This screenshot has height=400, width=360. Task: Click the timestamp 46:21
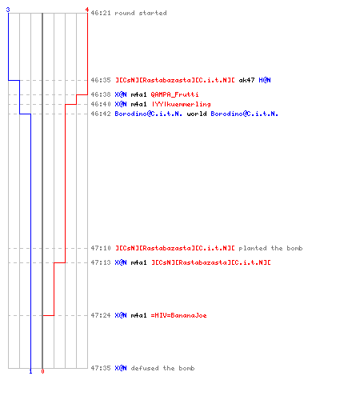coord(101,13)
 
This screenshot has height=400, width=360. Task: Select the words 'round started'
coord(141,13)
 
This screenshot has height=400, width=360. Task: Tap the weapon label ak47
coord(246,80)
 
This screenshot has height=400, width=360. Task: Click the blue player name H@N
coord(265,80)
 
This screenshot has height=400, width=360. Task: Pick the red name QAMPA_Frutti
coord(174,94)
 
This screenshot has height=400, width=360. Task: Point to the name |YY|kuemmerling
coord(182,104)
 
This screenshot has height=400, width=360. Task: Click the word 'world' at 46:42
coord(197,114)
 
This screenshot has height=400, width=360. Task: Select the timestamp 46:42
coord(101,114)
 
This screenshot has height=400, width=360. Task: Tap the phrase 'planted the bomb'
coord(270,248)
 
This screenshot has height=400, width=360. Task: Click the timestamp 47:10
coord(101,248)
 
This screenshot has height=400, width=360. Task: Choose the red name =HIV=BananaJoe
coord(178,315)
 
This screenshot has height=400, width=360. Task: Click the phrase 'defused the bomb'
coord(162,368)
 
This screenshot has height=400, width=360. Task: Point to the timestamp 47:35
coord(101,368)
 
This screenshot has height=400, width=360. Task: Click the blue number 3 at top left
coord(8,10)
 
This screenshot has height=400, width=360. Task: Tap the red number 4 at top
coord(86,10)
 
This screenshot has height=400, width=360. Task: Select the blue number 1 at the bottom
coord(30,371)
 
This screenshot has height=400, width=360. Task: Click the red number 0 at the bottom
coord(42,371)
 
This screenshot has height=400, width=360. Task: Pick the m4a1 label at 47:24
coord(138,315)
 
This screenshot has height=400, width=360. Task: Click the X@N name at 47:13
coord(121,262)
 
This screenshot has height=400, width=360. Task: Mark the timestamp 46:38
coord(101,94)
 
